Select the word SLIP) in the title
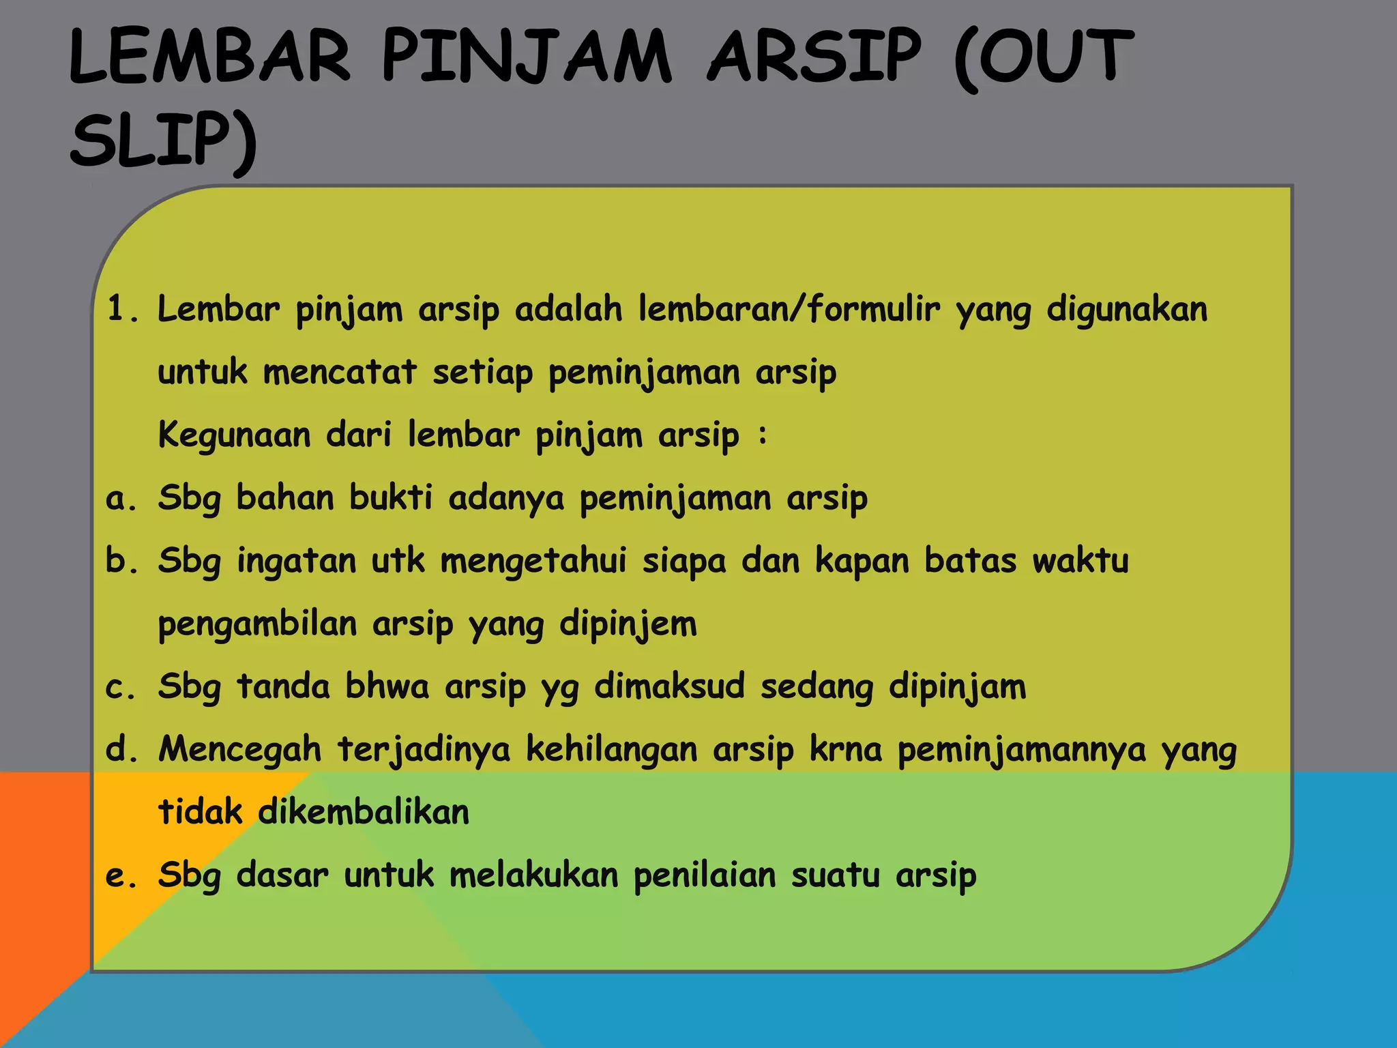164,141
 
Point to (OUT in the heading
1044,57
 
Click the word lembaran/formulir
789,309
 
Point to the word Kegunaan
235,435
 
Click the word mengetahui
533,562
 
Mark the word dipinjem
628,624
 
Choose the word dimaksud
669,686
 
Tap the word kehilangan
612,750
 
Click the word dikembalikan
364,812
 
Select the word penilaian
705,875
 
